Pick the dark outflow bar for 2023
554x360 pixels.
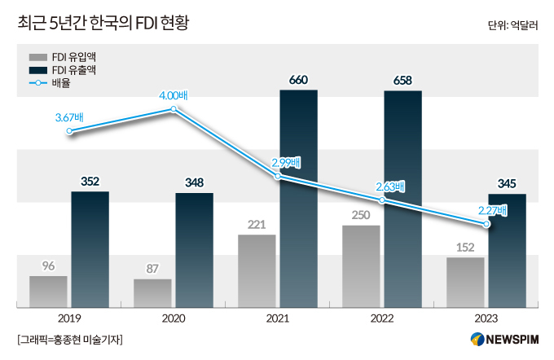pos(507,251)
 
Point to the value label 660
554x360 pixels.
pos(298,80)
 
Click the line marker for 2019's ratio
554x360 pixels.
pos(69,130)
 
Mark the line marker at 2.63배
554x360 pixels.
pos(383,199)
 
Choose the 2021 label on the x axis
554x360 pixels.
pos(278,319)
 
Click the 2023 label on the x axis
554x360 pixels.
pos(486,319)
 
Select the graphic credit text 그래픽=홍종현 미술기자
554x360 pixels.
pos(73,339)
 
